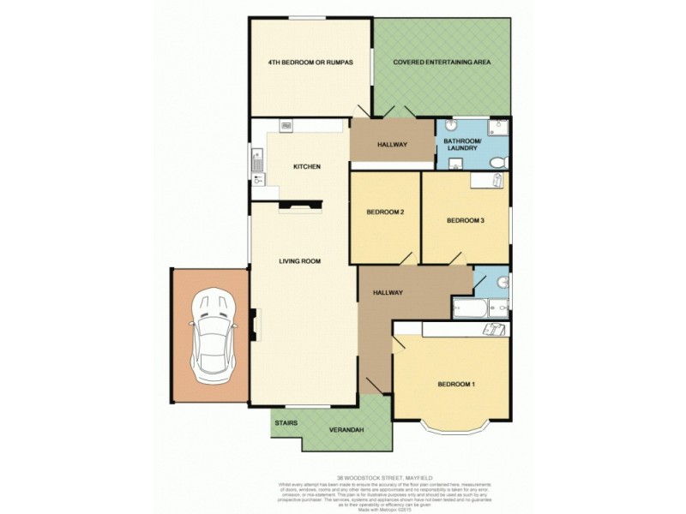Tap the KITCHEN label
pyautogui.click(x=306, y=166)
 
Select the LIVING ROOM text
pyautogui.click(x=300, y=260)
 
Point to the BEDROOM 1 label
pyautogui.click(x=455, y=384)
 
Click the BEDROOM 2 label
pyautogui.click(x=385, y=212)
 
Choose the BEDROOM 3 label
pyautogui.click(x=466, y=220)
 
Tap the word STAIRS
pyautogui.click(x=286, y=423)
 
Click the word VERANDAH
pyautogui.click(x=347, y=430)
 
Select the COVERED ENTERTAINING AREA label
pyautogui.click(x=442, y=63)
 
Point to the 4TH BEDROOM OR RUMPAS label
pyautogui.click(x=310, y=63)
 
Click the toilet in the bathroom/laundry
pyautogui.click(x=498, y=163)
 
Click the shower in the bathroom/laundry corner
pyautogui.click(x=498, y=127)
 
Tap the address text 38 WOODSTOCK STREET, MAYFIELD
pyautogui.click(x=343, y=478)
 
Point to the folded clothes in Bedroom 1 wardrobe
pyautogui.click(x=493, y=330)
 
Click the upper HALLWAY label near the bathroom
pyautogui.click(x=393, y=144)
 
